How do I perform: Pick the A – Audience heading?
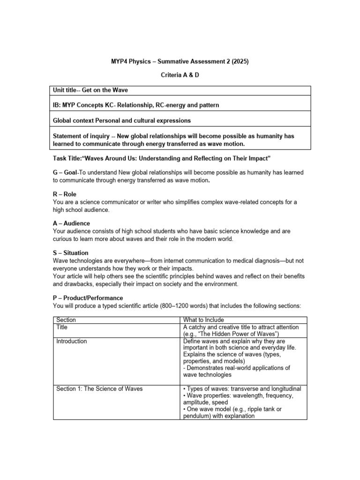point(71,223)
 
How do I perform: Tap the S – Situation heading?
point(70,253)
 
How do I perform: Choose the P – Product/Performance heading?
point(88,298)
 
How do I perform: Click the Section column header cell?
point(66,320)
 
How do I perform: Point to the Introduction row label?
point(71,341)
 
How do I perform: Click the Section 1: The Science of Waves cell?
point(99,389)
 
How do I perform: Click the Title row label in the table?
point(62,327)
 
